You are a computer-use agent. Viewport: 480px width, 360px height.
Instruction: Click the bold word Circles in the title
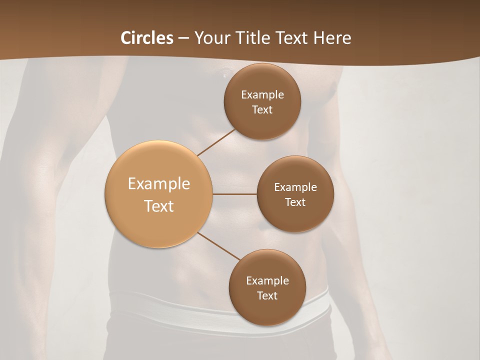146,38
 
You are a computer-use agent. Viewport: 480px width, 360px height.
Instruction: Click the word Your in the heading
212,38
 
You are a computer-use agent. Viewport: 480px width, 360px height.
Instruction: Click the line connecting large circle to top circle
216,142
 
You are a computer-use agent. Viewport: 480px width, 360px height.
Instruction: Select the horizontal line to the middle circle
235,194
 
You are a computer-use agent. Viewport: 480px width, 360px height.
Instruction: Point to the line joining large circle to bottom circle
219,246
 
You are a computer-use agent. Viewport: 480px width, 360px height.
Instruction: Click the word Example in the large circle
159,184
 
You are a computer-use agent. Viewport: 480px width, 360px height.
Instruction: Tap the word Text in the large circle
159,206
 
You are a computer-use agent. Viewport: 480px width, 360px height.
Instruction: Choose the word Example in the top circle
262,94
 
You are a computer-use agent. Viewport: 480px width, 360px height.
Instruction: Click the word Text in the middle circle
295,202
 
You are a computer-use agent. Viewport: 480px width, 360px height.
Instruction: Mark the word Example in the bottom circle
267,280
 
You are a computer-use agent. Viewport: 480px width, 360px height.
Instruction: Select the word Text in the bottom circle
267,295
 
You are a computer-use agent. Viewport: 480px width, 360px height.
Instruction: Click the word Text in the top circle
262,109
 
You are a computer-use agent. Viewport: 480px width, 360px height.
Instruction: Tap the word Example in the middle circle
295,187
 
